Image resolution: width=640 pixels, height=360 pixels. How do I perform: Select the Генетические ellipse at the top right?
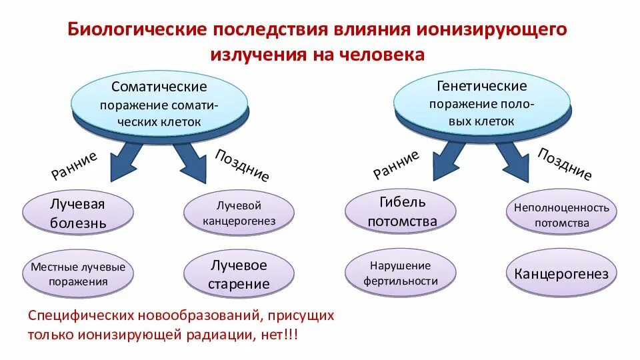click(481, 103)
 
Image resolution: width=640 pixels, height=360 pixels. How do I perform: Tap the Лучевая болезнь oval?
click(78, 213)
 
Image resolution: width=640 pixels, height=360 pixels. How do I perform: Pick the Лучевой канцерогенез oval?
click(238, 213)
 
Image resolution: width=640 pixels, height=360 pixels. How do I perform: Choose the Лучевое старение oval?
click(238, 274)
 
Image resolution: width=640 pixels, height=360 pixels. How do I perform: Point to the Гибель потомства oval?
click(400, 211)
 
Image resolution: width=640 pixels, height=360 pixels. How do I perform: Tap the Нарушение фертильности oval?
click(400, 273)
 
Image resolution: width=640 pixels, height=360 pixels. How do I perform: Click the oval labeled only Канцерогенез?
click(561, 274)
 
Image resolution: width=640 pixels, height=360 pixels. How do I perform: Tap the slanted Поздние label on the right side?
click(564, 164)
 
